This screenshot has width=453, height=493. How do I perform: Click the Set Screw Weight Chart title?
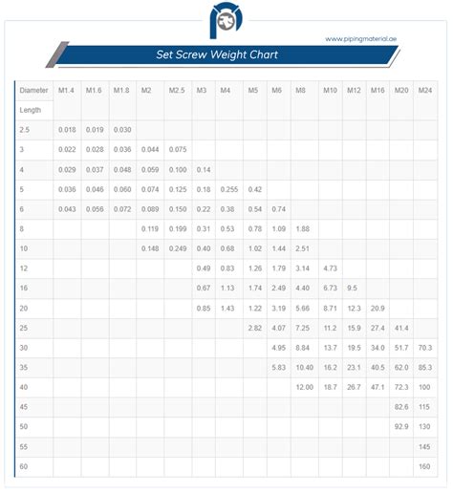tap(217, 54)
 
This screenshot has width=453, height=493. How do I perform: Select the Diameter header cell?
tap(33, 91)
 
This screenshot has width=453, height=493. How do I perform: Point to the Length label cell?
tap(30, 109)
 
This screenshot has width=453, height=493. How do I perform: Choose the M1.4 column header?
tap(67, 91)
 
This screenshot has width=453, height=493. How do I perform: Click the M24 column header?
tap(425, 91)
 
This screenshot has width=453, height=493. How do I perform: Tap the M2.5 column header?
tap(177, 91)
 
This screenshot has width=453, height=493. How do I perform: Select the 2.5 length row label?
tap(25, 128)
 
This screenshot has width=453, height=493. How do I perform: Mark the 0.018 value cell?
tap(67, 128)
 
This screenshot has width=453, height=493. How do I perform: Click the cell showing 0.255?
tap(228, 189)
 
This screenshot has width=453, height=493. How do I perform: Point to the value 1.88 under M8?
tap(303, 228)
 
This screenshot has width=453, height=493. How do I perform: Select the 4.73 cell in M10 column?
tap(331, 268)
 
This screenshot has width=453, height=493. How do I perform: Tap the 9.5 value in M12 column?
tap(353, 288)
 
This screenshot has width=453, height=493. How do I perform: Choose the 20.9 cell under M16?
tap(377, 308)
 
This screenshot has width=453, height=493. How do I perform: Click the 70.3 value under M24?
tap(425, 348)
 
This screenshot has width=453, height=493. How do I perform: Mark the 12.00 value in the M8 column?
tap(304, 387)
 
